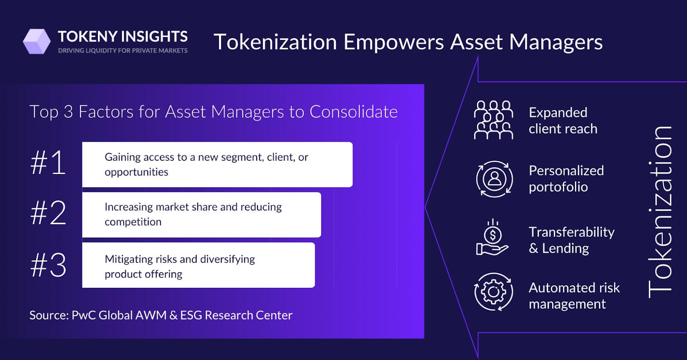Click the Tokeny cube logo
point(37,42)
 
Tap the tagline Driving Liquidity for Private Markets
point(123,51)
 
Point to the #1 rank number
point(48,163)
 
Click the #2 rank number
point(48,213)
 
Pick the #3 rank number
point(48,265)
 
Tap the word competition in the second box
point(133,222)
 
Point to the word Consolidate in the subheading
point(353,112)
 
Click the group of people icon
point(493,120)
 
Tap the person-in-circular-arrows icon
point(494,179)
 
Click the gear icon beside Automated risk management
point(493,292)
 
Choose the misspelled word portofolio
point(558,187)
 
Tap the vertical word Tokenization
point(660,211)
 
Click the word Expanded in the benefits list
point(558,113)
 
